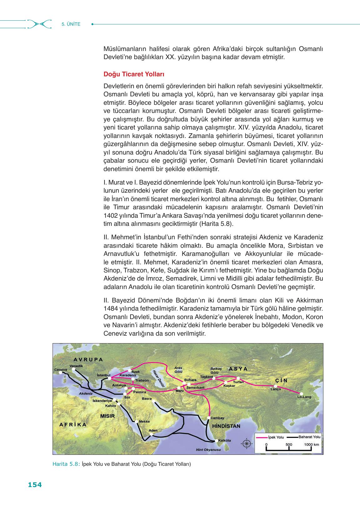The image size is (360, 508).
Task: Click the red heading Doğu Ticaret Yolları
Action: [x=134, y=75]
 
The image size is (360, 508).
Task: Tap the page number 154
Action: [x=35, y=485]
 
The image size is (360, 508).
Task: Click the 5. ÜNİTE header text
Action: [x=71, y=24]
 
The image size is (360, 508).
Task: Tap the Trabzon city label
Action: [x=142, y=380]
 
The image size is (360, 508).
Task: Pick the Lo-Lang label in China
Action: [x=304, y=397]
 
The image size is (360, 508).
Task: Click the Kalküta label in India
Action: [x=225, y=440]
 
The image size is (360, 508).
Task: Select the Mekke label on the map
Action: [x=144, y=421]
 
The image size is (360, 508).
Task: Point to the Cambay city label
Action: [x=217, y=418]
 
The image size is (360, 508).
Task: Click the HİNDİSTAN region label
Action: [x=226, y=426]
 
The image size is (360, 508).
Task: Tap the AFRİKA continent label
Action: [x=73, y=424]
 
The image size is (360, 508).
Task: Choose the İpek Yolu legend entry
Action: [x=276, y=437]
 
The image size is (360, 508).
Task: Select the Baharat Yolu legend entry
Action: [x=309, y=437]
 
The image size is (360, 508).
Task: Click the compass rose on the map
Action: [x=247, y=443]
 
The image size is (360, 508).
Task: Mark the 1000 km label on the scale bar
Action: [x=311, y=444]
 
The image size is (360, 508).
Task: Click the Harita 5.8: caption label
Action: [x=66, y=464]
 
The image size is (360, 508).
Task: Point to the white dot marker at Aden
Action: [x=152, y=434]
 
